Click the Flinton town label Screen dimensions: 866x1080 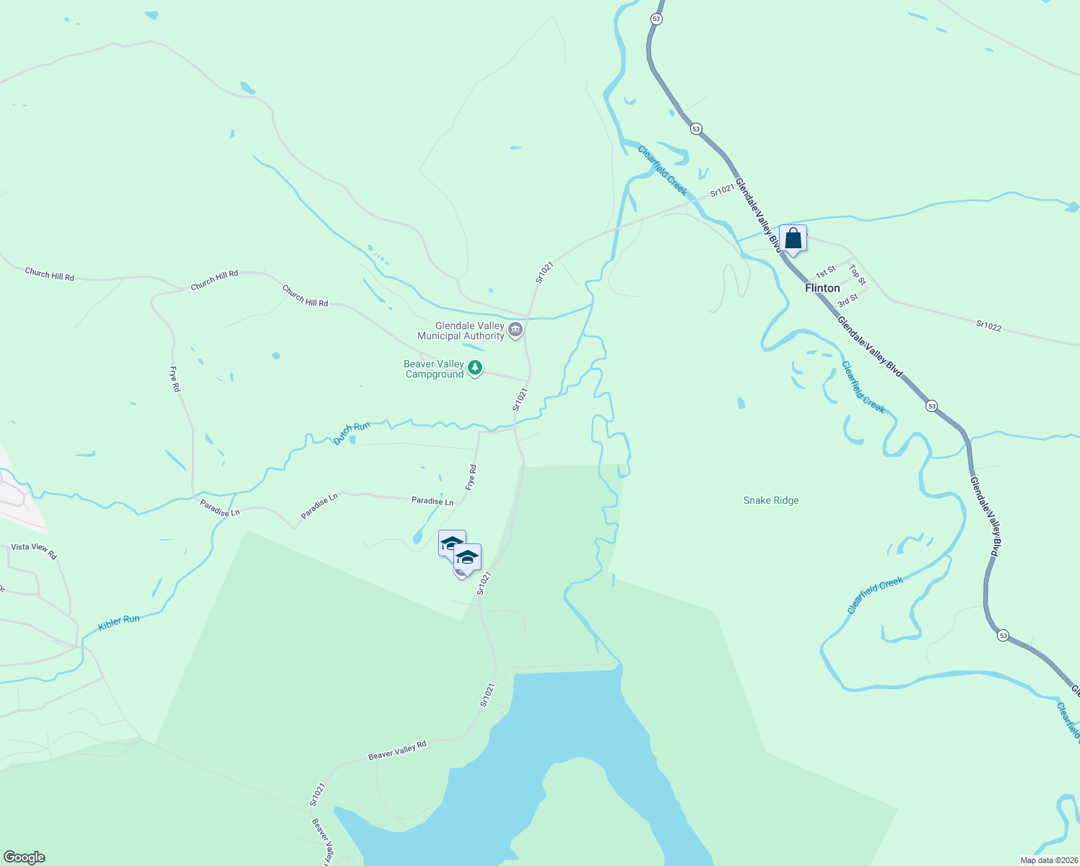[822, 288]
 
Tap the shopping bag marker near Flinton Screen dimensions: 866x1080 [793, 238]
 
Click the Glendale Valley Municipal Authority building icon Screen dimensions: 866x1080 [515, 331]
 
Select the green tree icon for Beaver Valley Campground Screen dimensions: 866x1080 [474, 369]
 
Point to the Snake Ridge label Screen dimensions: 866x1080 [771, 500]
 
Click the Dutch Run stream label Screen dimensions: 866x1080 [352, 433]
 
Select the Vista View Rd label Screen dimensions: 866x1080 [34, 551]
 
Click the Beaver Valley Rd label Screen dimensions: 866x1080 [397, 751]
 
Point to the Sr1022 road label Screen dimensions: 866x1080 [988, 325]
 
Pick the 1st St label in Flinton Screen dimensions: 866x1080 [825, 271]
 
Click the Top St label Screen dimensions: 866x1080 [857, 274]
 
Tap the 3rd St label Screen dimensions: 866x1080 [848, 300]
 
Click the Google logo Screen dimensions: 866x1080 [25, 857]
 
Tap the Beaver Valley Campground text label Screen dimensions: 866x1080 [434, 369]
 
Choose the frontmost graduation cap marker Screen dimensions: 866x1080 [467, 558]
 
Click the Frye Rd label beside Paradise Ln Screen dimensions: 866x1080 [471, 478]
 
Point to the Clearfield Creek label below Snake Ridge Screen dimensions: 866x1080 [875, 595]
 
